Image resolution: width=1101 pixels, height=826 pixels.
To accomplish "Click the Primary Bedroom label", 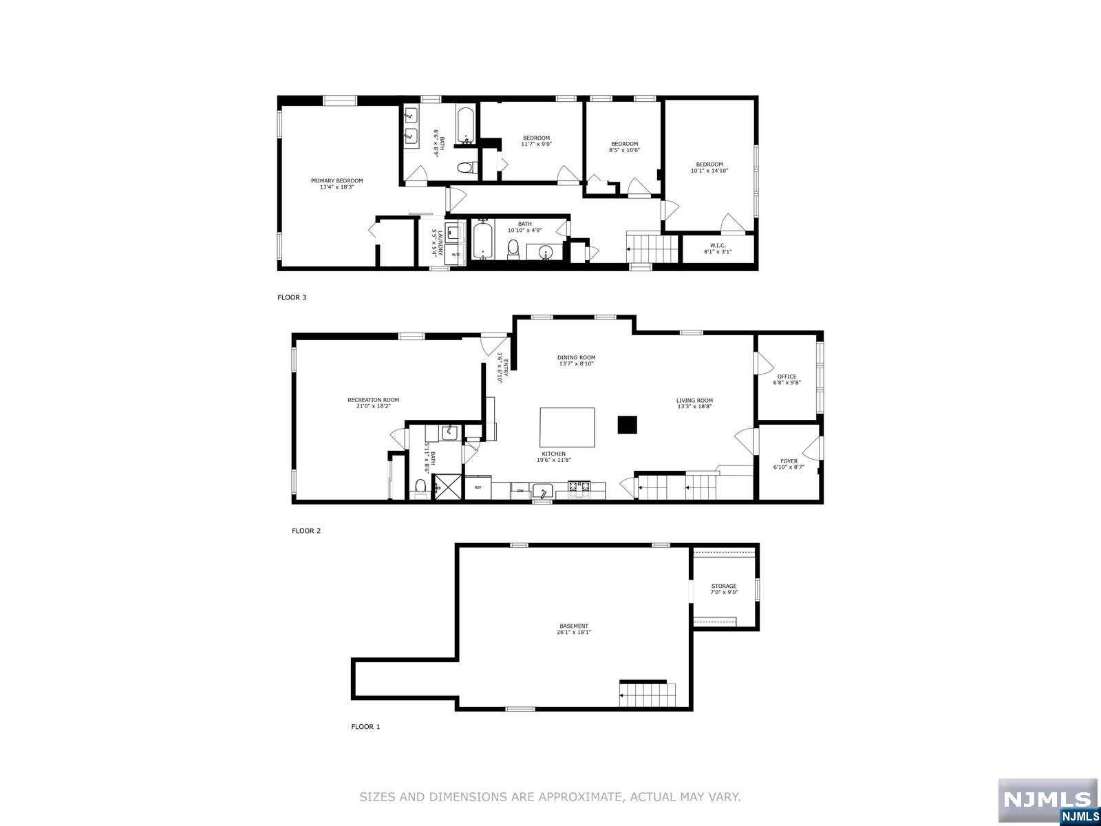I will click(x=336, y=181).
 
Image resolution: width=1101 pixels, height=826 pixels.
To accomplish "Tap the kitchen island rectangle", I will click(x=567, y=427).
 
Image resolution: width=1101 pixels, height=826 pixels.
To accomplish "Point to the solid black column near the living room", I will click(x=628, y=425).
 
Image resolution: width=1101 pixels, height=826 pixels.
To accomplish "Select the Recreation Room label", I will click(x=373, y=400).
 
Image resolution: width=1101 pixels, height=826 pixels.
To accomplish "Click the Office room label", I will click(x=787, y=377).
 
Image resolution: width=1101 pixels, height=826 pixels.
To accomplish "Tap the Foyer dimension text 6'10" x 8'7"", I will click(x=789, y=467).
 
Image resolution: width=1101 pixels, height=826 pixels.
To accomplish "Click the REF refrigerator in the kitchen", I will click(x=478, y=487).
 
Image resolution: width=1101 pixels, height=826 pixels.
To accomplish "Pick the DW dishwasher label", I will click(x=520, y=490).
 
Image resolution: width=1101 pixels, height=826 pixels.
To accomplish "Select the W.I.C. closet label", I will click(x=718, y=246).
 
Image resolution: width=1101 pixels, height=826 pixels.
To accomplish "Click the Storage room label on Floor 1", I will click(x=724, y=586).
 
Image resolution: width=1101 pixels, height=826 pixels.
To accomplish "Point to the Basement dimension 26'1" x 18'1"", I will click(x=574, y=633).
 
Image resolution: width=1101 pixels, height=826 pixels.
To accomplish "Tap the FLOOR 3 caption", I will click(x=292, y=297).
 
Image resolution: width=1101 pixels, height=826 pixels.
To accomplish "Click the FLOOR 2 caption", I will click(x=306, y=531).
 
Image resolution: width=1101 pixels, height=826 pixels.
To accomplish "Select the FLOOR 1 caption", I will click(x=365, y=727).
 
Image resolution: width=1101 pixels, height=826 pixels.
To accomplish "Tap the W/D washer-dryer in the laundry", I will click(x=456, y=255).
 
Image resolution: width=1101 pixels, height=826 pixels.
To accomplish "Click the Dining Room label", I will click(x=576, y=357).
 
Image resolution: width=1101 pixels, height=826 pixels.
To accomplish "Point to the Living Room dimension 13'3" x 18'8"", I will click(x=694, y=407).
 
